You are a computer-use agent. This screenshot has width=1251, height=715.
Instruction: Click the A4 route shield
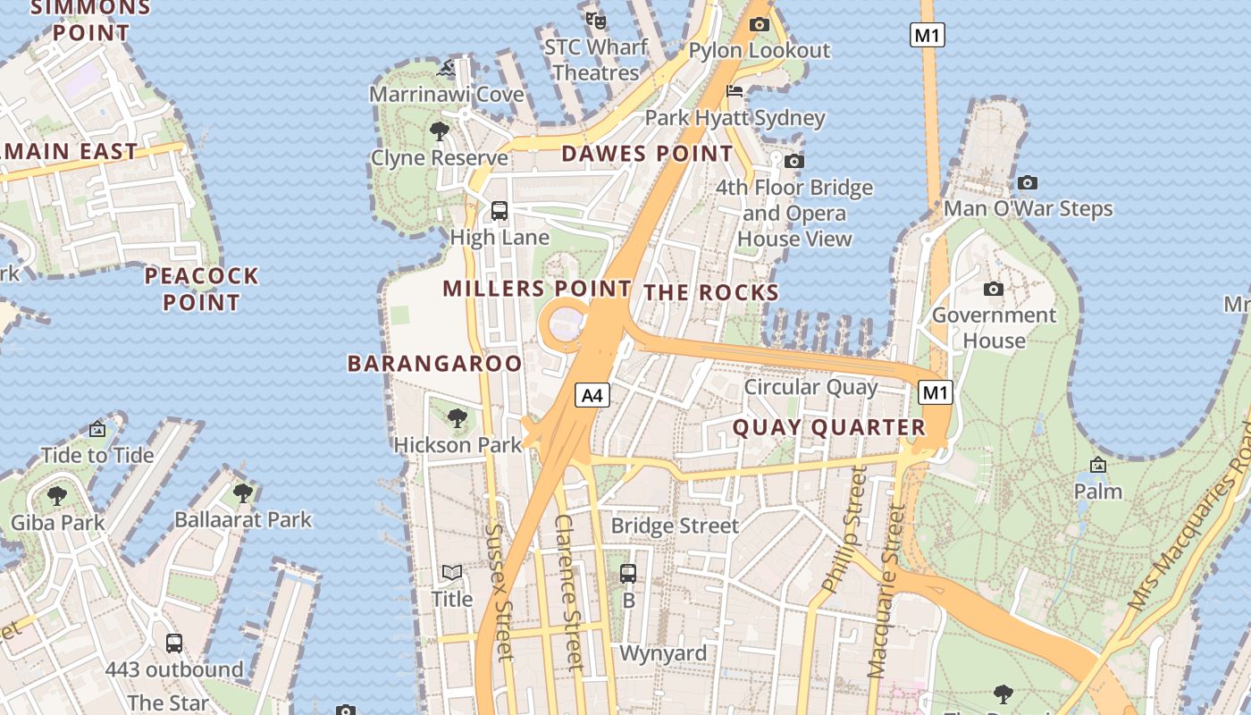click(x=592, y=394)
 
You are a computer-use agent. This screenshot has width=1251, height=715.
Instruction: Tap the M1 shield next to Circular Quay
click(x=936, y=392)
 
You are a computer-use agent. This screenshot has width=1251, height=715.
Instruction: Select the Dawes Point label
click(x=647, y=154)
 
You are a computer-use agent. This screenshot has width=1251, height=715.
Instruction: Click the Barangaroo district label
click(x=434, y=363)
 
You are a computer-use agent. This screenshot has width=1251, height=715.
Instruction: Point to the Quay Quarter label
click(x=829, y=427)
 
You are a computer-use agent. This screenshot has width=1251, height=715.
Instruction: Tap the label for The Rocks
click(x=711, y=292)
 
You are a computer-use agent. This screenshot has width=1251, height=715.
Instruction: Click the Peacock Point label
click(x=202, y=289)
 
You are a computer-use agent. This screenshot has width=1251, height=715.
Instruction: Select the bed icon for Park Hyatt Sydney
click(x=735, y=91)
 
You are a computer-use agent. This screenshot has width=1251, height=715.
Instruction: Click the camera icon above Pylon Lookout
click(x=760, y=25)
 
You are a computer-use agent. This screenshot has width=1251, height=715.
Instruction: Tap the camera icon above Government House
click(x=993, y=289)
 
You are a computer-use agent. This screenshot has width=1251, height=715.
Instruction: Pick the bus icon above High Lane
click(x=500, y=211)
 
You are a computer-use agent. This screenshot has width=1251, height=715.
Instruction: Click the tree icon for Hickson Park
click(x=458, y=417)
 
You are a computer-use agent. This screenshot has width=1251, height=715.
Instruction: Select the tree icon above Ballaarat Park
click(x=243, y=492)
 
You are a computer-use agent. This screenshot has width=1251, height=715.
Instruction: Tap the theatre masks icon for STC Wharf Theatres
click(x=596, y=20)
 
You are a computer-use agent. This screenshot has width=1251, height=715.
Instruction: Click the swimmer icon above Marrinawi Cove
click(x=447, y=68)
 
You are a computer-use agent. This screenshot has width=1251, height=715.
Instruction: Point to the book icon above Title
click(x=452, y=572)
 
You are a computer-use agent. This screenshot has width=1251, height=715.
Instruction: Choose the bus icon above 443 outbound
click(x=174, y=643)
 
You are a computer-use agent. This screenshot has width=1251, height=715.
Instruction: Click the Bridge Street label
click(x=675, y=526)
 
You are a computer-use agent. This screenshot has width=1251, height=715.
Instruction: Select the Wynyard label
click(x=663, y=653)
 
